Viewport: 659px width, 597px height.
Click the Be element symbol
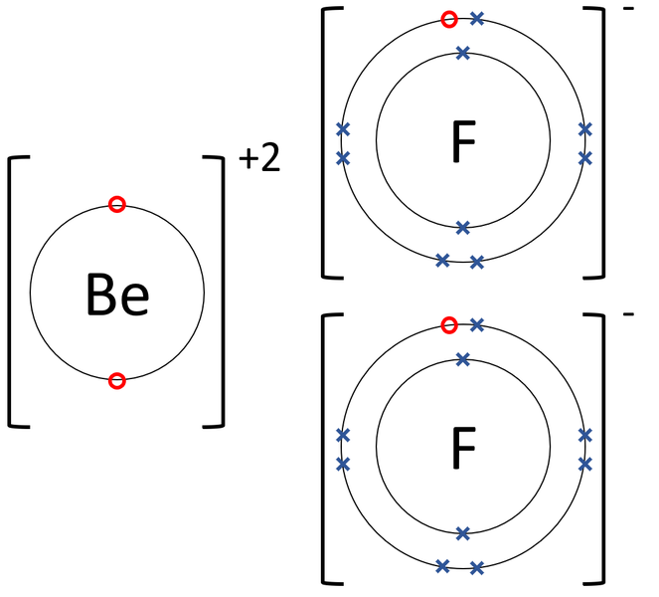pyautogui.click(x=117, y=294)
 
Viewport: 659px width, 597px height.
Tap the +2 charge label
pyautogui.click(x=259, y=158)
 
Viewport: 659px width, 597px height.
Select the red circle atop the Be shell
pyautogui.click(x=117, y=204)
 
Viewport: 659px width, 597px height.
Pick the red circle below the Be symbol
pyautogui.click(x=117, y=381)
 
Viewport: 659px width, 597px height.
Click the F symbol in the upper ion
pyautogui.click(x=463, y=141)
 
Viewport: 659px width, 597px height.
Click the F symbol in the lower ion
pyautogui.click(x=463, y=448)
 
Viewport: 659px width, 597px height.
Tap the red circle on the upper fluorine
pyautogui.click(x=449, y=19)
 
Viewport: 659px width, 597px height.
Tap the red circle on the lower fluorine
pyautogui.click(x=449, y=325)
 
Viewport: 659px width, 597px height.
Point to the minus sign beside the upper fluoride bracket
pyautogui.click(x=628, y=8)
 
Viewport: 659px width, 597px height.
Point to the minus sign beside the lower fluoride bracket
pyautogui.click(x=628, y=313)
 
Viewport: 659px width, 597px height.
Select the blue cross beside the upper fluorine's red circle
pyautogui.click(x=476, y=19)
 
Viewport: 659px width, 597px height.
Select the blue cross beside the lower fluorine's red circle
pyautogui.click(x=476, y=324)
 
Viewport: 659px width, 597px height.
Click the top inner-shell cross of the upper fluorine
pyautogui.click(x=463, y=53)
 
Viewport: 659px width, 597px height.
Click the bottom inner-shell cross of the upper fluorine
pyautogui.click(x=463, y=228)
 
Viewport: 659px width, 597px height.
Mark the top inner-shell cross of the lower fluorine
pyautogui.click(x=463, y=359)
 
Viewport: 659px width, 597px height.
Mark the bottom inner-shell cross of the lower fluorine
pyautogui.click(x=463, y=534)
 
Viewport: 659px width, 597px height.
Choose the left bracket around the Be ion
pyautogui.click(x=9, y=292)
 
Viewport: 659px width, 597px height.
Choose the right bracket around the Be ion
pyautogui.click(x=223, y=292)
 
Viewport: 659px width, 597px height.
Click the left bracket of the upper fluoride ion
pyautogui.click(x=323, y=143)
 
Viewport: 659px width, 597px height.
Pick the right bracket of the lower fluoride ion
pyautogui.click(x=603, y=449)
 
